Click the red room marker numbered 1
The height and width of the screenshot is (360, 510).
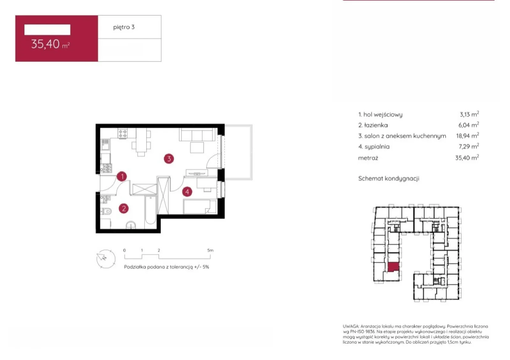tap(122, 176)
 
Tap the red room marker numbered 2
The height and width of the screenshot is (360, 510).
tap(124, 209)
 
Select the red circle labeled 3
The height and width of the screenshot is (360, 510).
tap(169, 159)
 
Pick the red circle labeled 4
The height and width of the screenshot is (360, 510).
tap(187, 192)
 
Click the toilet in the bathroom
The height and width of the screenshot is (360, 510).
tap(106, 211)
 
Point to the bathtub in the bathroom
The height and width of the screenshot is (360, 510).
tap(150, 210)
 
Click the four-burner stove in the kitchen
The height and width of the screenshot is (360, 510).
tap(122, 133)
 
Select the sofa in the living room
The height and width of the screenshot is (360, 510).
tap(197, 134)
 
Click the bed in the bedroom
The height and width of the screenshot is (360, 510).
tap(200, 207)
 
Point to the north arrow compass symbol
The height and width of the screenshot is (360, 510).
tap(106, 259)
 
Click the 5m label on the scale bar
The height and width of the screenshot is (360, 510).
tap(210, 250)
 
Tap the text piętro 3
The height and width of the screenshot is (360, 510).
tap(124, 27)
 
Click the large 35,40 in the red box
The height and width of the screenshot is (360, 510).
tap(45, 44)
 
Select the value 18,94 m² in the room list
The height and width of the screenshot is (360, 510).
tap(467, 136)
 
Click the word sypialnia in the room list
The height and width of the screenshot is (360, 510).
tap(377, 147)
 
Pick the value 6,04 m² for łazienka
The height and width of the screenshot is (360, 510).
tap(469, 125)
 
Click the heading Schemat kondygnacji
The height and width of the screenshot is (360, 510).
tap(389, 179)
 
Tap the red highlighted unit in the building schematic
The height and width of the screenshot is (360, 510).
tap(393, 267)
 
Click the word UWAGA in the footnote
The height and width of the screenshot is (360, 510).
tap(351, 326)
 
